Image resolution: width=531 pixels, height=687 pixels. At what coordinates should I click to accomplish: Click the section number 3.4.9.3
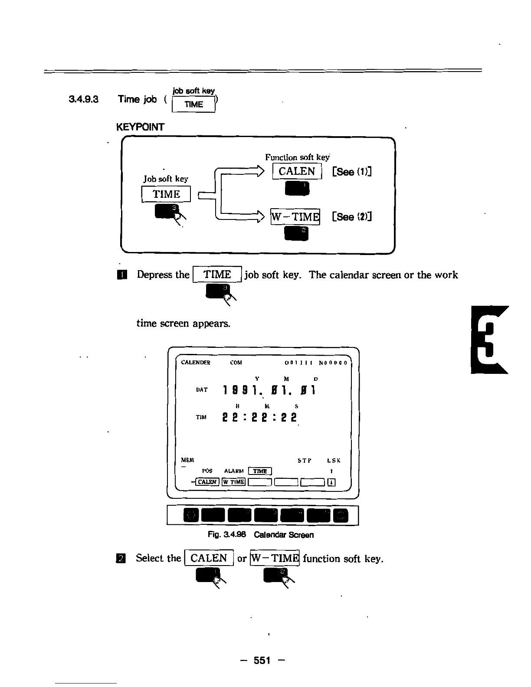click(84, 99)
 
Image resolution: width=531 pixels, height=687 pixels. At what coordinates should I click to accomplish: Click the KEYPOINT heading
click(140, 127)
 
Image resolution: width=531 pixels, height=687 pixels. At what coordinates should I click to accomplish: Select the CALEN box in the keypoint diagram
click(297, 171)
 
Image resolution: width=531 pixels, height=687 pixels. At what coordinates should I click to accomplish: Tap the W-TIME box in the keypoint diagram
click(295, 216)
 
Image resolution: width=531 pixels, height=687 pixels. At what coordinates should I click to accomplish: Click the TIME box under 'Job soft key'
click(166, 194)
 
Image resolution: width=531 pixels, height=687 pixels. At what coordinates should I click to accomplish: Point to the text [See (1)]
click(352, 172)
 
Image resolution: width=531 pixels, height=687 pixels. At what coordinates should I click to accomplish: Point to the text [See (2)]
click(352, 216)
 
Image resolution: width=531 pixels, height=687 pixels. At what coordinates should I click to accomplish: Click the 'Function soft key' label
click(297, 157)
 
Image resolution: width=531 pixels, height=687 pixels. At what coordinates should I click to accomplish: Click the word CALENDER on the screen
click(196, 363)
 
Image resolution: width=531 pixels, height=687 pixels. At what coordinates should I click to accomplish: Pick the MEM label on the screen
click(187, 460)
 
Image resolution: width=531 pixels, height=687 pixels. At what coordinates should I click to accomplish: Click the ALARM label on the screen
click(233, 471)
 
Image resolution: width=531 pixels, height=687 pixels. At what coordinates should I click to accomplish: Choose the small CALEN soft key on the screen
click(207, 482)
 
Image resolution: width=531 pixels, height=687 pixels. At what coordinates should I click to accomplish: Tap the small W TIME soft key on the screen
click(234, 482)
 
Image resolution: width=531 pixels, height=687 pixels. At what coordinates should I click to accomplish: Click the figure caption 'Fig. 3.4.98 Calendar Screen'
click(260, 535)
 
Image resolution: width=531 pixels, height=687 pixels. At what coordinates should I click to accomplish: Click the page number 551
click(262, 660)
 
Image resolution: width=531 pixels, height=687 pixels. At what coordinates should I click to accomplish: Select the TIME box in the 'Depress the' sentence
click(217, 275)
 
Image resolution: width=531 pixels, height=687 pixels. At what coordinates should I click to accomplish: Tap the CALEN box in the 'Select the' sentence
click(209, 558)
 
